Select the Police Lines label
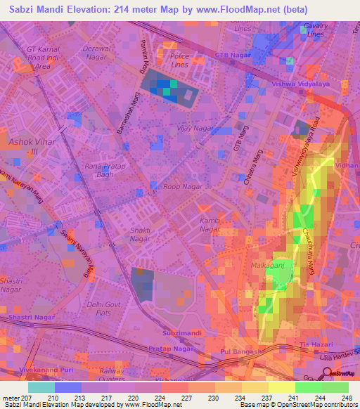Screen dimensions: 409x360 [x=180, y=60]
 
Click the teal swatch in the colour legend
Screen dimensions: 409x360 [x=41, y=387]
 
